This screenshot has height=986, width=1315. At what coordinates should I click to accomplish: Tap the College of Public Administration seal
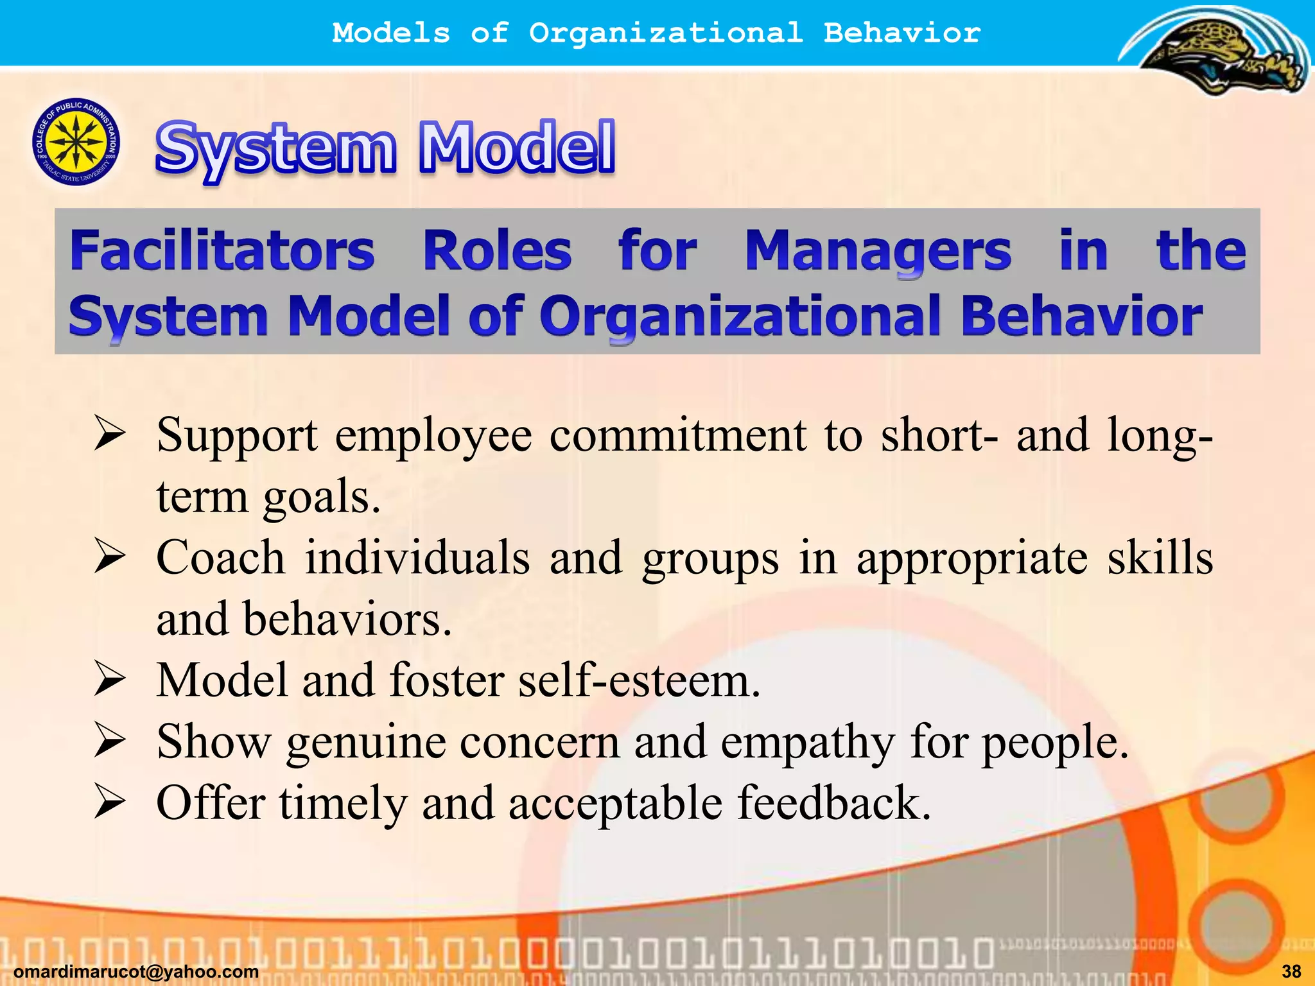[x=76, y=142]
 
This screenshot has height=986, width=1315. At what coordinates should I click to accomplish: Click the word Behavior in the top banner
[x=901, y=33]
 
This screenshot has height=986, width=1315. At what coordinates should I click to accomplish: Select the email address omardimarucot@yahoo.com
[x=136, y=972]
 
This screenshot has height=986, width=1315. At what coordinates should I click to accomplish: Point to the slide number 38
[x=1291, y=971]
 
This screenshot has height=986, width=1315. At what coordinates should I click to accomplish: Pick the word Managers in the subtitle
[x=878, y=252]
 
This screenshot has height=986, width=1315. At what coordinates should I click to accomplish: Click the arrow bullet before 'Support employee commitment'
[x=109, y=433]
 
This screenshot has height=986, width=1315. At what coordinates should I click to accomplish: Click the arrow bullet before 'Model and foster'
[x=109, y=679]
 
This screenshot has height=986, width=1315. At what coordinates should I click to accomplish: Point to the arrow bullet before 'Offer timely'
[x=109, y=802]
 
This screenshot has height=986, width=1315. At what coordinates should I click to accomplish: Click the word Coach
[x=220, y=557]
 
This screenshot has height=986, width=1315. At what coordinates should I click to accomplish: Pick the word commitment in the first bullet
[x=678, y=435]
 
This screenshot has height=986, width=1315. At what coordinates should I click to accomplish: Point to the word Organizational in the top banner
[x=665, y=33]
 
